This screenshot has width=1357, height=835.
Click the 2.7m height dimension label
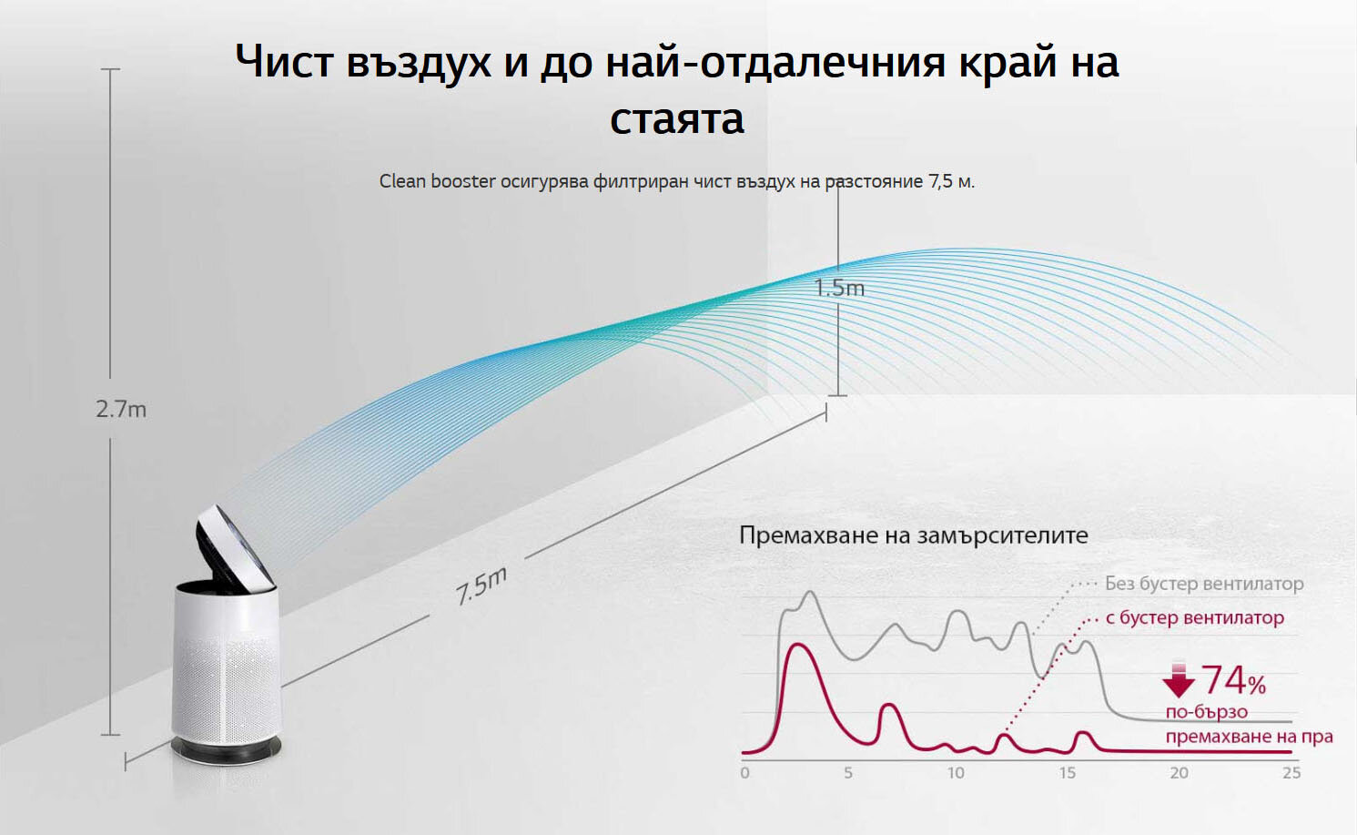[121, 410]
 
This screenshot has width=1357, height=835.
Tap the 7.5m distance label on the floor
[481, 586]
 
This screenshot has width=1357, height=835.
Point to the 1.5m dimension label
[839, 287]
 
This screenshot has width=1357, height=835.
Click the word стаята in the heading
[677, 118]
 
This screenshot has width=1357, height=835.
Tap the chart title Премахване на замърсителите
[914, 535]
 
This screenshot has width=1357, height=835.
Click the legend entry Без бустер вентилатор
[1204, 584]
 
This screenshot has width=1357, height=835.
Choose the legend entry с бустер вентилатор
[1195, 617]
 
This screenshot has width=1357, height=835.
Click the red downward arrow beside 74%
[1179, 679]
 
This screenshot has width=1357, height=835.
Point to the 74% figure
[1234, 680]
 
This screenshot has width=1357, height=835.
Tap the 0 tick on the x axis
[745, 772]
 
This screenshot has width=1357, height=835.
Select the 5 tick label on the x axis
[848, 772]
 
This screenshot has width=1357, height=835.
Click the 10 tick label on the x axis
[956, 772]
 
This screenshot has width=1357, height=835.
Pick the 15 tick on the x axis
[1068, 772]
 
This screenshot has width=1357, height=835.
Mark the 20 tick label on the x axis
[1179, 772]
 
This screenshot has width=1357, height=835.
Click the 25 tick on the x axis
[1291, 772]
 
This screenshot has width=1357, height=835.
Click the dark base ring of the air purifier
[226, 749]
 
